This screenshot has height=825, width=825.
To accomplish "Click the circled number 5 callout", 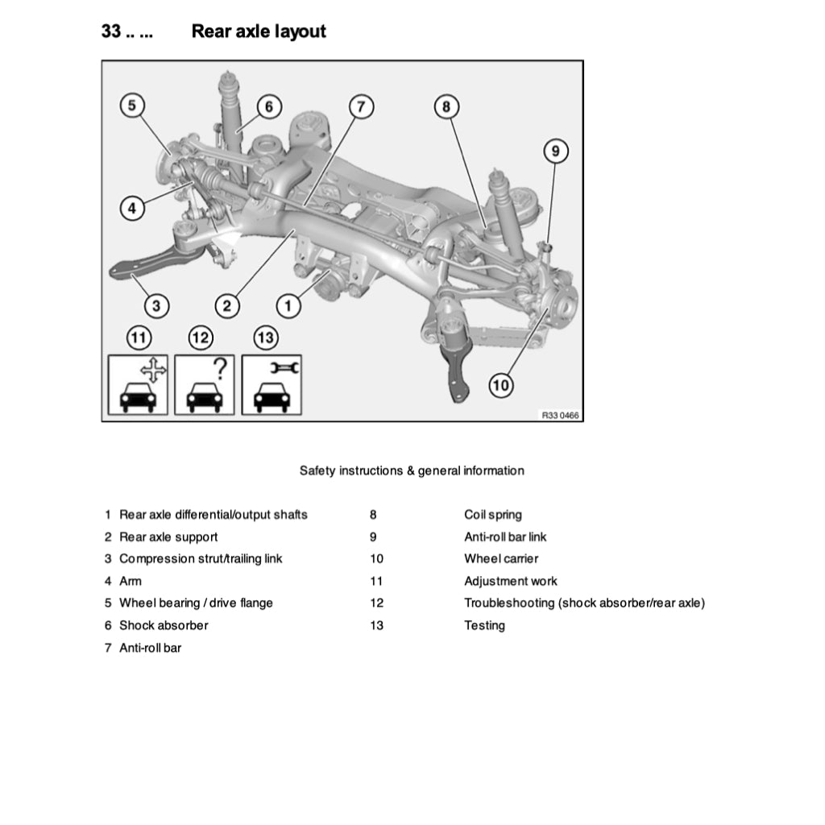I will tap(133, 105).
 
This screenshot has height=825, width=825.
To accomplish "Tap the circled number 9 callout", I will tap(555, 151).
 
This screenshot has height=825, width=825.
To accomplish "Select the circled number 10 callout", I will tap(501, 385).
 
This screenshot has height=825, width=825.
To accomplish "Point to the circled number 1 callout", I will tap(288, 305).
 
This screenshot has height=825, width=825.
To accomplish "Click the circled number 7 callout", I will tap(361, 106).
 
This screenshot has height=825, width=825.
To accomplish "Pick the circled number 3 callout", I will tap(156, 305).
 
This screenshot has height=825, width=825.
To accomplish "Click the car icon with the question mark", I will tap(205, 385).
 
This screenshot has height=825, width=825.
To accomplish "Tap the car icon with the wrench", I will tap(272, 385).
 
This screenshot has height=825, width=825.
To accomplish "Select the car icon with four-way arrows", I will tap(138, 385).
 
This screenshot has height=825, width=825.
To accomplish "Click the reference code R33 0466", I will tap(560, 415).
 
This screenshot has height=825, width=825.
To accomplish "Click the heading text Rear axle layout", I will tap(259, 31).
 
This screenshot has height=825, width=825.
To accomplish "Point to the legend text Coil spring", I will tap(492, 515).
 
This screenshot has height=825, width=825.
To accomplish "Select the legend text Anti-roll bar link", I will tap(505, 537).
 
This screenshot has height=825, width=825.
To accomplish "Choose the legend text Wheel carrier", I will tap(501, 558).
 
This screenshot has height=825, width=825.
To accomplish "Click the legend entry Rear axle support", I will tap(168, 537).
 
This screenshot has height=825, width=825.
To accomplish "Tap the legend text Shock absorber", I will tap(164, 625).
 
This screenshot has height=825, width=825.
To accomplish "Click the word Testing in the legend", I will tap(484, 625).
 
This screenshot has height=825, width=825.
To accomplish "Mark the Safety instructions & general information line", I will tap(412, 471).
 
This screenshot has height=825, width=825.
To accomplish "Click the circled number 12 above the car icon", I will tap(201, 338).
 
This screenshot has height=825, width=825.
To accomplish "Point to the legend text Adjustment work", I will tap(510, 581).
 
